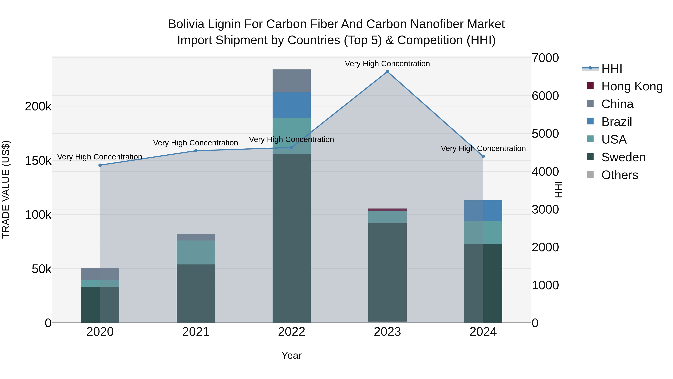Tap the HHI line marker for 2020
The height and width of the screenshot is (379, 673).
click(x=100, y=165)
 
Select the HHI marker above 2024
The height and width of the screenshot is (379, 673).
click(x=483, y=156)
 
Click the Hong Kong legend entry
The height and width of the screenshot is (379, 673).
click(x=632, y=86)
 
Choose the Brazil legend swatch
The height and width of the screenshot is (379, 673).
click(x=590, y=121)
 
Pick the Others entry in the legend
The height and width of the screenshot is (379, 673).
click(x=620, y=175)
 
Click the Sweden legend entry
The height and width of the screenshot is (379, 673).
click(x=623, y=157)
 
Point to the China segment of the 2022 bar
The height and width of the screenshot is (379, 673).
click(x=292, y=81)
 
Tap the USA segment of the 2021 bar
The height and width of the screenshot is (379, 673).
click(x=196, y=252)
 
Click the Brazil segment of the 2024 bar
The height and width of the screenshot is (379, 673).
click(x=483, y=211)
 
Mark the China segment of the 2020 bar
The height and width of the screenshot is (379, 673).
click(x=100, y=274)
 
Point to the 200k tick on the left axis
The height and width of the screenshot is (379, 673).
click(x=38, y=106)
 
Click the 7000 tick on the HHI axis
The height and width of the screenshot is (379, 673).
click(x=545, y=58)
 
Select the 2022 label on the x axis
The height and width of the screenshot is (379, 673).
click(x=292, y=332)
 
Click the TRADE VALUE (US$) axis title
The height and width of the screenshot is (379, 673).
click(x=6, y=189)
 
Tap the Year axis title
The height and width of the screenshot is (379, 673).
click(x=292, y=355)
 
